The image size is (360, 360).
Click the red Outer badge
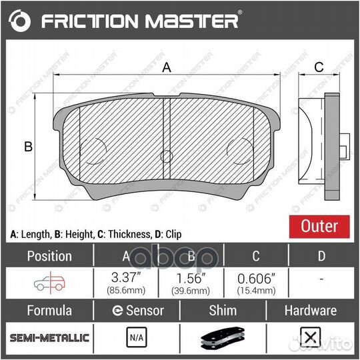(x=319, y=226)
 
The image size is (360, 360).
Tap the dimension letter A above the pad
(x=167, y=67)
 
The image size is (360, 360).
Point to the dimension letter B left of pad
(x=28, y=147)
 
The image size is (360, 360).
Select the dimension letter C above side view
(x=319, y=67)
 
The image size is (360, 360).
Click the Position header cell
(x=49, y=256)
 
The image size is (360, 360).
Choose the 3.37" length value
(x=125, y=278)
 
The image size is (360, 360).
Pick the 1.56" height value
(x=191, y=278)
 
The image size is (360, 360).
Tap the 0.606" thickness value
(x=256, y=278)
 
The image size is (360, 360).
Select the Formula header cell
(x=49, y=310)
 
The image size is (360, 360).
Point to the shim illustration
(x=223, y=339)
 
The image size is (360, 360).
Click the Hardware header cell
(x=310, y=310)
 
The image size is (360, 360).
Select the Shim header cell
(x=223, y=310)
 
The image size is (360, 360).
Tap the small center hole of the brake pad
(x=167, y=157)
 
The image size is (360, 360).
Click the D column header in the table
(x=322, y=256)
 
